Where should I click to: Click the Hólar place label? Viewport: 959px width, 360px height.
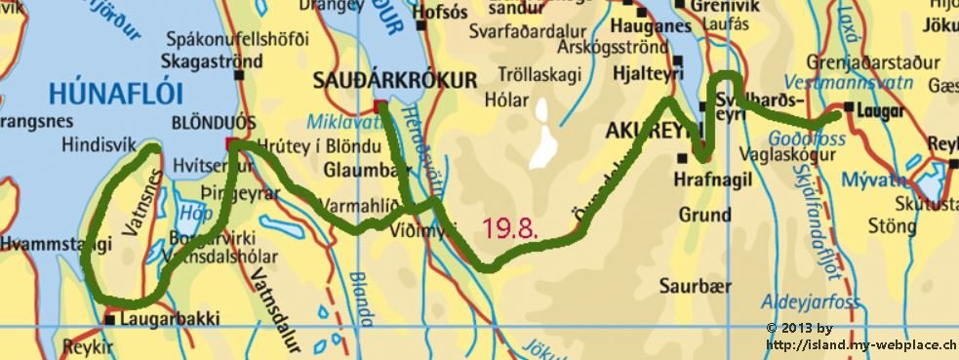coord(505,100)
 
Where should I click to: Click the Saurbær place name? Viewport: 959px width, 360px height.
coord(688,286)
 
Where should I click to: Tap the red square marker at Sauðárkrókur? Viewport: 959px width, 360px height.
coord(380,105)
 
